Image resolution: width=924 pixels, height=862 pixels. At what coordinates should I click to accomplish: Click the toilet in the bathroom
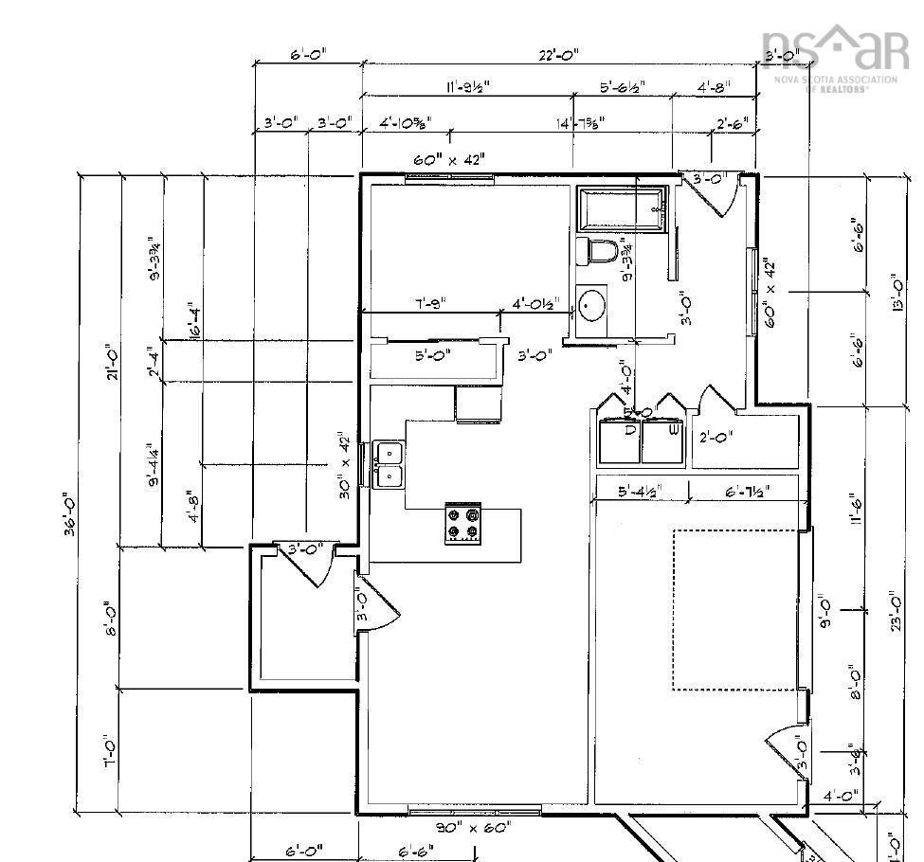(x=598, y=252)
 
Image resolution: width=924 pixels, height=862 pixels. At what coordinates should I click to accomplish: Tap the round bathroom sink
(x=591, y=306)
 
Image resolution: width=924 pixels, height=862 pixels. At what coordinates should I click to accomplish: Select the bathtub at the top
(x=623, y=208)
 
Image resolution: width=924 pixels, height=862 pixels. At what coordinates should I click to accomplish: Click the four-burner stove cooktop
(x=462, y=524)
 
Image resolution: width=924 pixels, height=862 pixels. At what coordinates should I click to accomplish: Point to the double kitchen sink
(x=389, y=464)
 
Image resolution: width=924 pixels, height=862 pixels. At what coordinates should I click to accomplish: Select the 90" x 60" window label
(x=473, y=827)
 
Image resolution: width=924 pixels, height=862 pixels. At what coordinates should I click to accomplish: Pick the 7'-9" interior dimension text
(x=430, y=304)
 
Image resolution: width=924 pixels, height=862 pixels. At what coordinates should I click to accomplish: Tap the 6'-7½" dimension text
(x=748, y=491)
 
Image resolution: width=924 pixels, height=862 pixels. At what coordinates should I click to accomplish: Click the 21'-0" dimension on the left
(x=113, y=361)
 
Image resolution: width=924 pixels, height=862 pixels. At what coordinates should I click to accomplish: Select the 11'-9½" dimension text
(x=468, y=87)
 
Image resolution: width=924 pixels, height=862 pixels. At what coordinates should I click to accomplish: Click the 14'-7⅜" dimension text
(x=580, y=122)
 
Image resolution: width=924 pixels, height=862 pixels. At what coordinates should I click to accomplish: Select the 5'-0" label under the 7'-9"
(x=433, y=355)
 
